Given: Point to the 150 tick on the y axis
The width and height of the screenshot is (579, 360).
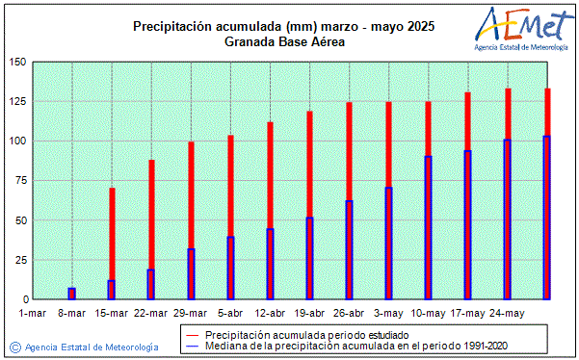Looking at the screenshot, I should tap(17, 63).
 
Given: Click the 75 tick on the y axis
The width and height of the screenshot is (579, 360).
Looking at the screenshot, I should tap(17, 181).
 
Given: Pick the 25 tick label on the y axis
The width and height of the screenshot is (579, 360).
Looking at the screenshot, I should tap(17, 260).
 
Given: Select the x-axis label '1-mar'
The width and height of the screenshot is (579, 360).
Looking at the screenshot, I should tap(32, 313).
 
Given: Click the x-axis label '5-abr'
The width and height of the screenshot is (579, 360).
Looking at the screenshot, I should tap(230, 313).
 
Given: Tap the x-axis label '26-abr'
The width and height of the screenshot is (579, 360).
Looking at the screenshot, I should tap(349, 313).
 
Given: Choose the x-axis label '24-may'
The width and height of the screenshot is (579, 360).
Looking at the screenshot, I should tap(507, 313).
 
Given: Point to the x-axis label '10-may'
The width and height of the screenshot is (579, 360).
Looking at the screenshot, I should tap(428, 313).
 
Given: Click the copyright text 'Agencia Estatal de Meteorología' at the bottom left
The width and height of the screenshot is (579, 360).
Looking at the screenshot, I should tap(92, 347).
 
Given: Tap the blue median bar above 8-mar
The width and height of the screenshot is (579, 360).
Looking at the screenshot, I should tap(71, 294).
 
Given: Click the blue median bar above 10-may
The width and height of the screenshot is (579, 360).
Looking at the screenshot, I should tap(428, 228).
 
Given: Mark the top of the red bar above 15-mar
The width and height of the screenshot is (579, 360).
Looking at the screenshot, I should tap(112, 190).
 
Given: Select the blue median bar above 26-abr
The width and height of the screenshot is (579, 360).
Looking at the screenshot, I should tap(349, 250).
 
